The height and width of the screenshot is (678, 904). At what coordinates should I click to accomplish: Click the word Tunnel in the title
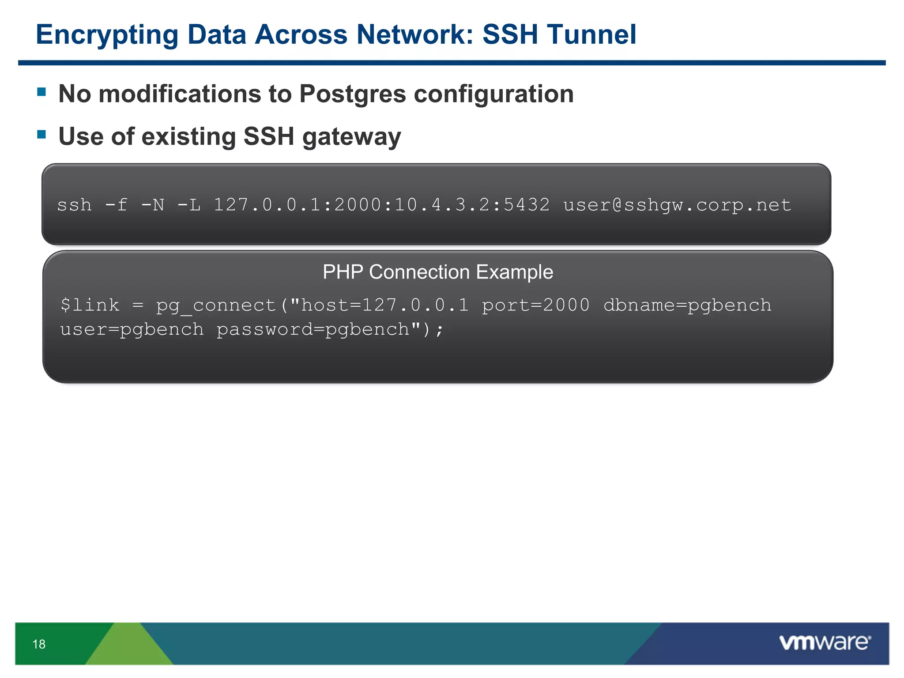click(591, 34)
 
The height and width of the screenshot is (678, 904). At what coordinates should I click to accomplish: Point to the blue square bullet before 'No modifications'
click(42, 92)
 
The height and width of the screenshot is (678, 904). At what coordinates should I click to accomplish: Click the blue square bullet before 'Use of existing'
click(42, 134)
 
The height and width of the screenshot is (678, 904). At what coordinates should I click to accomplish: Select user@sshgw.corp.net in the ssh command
click(677, 205)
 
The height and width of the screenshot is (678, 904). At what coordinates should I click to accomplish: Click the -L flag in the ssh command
click(189, 205)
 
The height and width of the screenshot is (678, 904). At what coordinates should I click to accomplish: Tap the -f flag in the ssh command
click(117, 205)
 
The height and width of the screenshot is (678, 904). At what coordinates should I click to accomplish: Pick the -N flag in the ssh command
click(153, 205)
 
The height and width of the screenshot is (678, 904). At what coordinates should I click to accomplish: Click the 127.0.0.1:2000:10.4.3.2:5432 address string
click(382, 205)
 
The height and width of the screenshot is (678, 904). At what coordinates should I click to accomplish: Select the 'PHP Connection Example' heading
click(437, 272)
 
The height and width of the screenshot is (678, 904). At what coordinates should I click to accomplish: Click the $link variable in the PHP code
click(90, 305)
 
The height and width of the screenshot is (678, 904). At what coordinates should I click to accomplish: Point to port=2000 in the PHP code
click(535, 305)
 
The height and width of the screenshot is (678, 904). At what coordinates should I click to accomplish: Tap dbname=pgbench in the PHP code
click(687, 305)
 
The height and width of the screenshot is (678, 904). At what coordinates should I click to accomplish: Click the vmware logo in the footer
click(825, 643)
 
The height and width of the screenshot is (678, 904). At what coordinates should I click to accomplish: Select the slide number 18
click(39, 644)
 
